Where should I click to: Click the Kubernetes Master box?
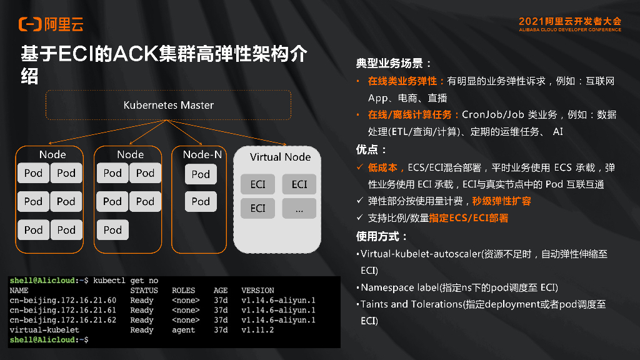168,105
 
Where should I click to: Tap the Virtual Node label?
280,157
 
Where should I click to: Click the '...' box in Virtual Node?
299,209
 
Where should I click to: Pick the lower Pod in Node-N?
201,201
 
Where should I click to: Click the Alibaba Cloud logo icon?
30,24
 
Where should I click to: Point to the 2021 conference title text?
569,21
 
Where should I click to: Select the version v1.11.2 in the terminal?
257,330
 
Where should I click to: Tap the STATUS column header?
144,290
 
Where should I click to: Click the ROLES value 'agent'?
183,330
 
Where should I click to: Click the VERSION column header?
257,290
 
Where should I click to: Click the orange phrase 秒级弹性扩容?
502,201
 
